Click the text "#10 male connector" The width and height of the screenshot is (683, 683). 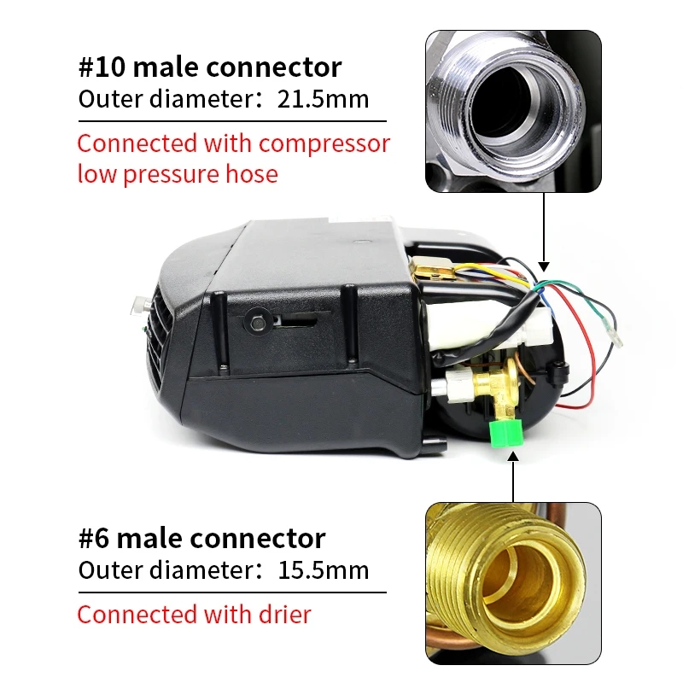click(x=210, y=67)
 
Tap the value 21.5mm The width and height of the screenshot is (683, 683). click(x=323, y=99)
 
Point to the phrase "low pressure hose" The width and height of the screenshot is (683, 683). click(x=178, y=174)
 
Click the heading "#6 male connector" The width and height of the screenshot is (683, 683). click(x=201, y=539)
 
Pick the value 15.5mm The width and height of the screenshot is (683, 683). click(x=323, y=570)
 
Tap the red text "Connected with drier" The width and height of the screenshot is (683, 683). click(x=194, y=614)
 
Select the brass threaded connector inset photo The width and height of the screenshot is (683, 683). click(x=512, y=583)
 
